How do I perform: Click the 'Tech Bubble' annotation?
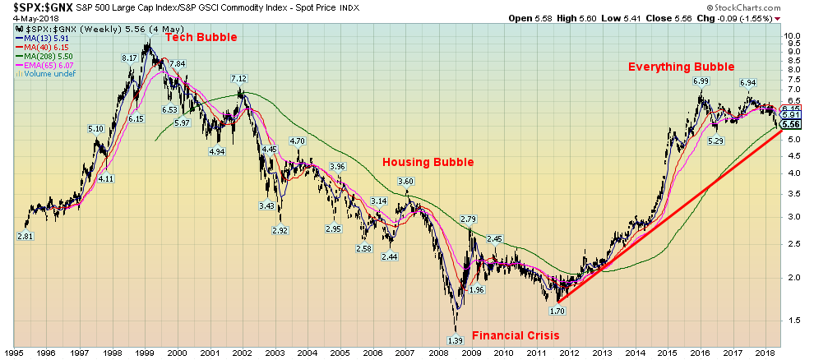pos(201,38)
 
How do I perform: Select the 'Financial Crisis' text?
pos(516,335)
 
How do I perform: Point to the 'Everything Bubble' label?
pos(682,67)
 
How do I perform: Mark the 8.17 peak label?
pos(129,58)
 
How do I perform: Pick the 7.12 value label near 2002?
pos(238,79)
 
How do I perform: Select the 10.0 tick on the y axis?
pos(793,37)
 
